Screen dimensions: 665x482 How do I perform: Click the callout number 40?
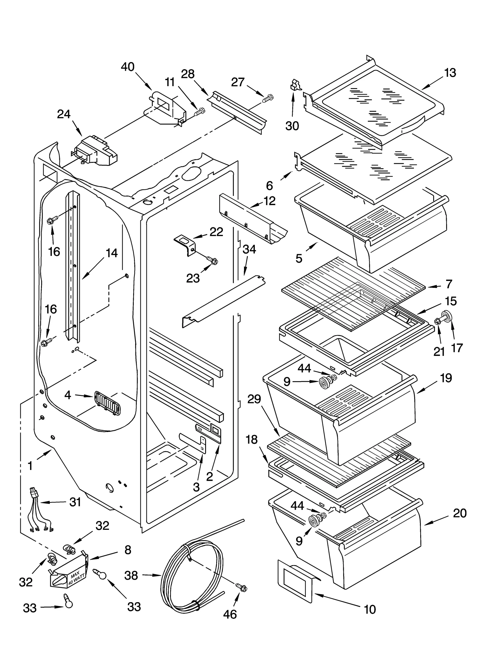[127, 67]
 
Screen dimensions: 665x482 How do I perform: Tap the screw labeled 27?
[268, 98]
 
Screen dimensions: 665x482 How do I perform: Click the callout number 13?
[450, 73]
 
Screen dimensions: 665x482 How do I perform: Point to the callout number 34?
[249, 250]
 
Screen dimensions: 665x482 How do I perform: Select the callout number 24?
[64, 114]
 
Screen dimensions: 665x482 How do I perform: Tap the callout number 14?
[111, 253]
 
